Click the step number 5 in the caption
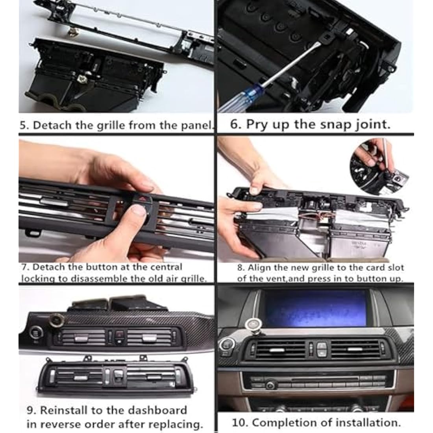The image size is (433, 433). coord(23,126)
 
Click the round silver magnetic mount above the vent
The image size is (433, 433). coord(252,324)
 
